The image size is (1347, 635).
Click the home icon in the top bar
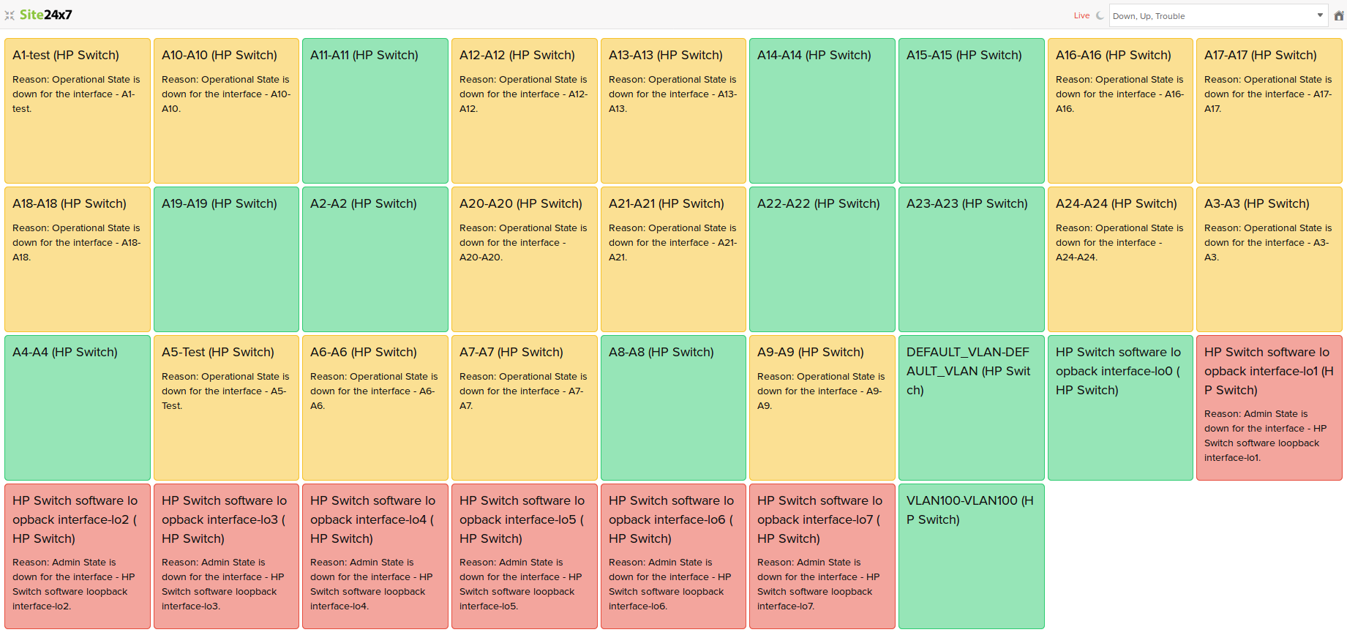pyautogui.click(x=1338, y=15)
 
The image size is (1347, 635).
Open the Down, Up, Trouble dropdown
pyautogui.click(x=1218, y=15)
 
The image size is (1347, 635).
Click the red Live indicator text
pyautogui.click(x=1081, y=15)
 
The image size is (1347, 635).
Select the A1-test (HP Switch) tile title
pyautogui.click(x=66, y=55)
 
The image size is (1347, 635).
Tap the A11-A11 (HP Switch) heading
pyautogui.click(x=364, y=55)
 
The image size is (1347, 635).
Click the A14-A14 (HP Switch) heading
pyautogui.click(x=814, y=55)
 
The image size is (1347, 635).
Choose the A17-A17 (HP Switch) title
pyautogui.click(x=1260, y=55)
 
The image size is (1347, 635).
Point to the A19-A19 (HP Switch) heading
pyautogui.click(x=219, y=203)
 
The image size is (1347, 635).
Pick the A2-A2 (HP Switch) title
pyautogui.click(x=363, y=203)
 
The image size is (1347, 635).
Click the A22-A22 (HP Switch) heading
pyautogui.click(x=818, y=203)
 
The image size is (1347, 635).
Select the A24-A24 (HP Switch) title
pyautogui.click(x=1116, y=203)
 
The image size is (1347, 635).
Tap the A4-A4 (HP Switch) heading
pyautogui.click(x=65, y=352)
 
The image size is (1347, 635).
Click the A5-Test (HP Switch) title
pyautogui.click(x=217, y=352)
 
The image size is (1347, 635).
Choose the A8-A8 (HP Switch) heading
pyautogui.click(x=661, y=352)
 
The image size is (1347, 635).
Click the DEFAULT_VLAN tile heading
pyautogui.click(x=968, y=371)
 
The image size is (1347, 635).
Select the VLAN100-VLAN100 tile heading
pyautogui.click(x=969, y=510)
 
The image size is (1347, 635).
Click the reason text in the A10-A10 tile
pyautogui.click(x=225, y=94)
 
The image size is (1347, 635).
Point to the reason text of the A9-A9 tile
pyautogui.click(x=821, y=391)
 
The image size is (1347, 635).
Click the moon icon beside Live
pyautogui.click(x=1100, y=15)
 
